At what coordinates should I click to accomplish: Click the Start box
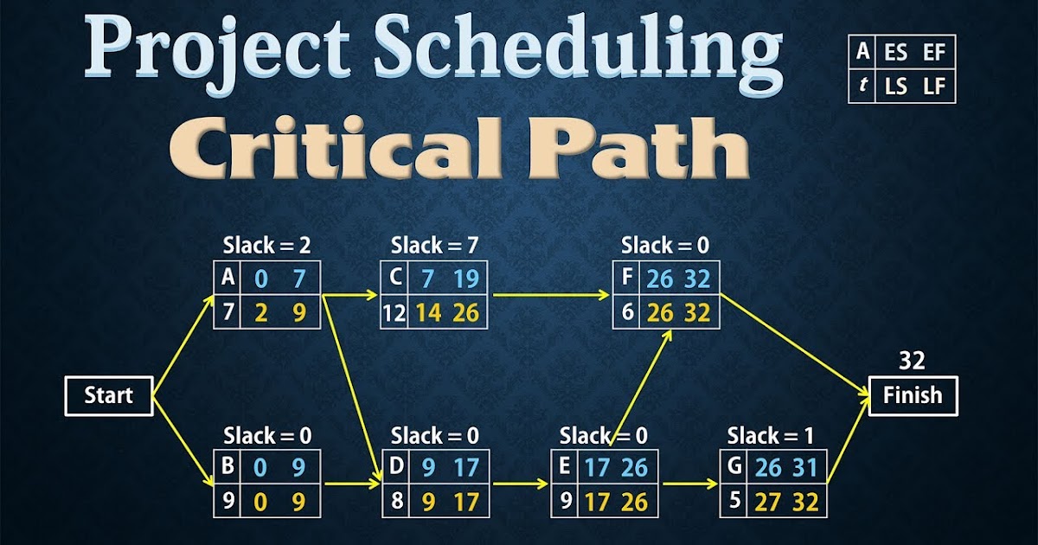tap(108, 396)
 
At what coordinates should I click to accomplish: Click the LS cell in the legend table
tap(895, 86)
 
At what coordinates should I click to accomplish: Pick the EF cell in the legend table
tap(934, 52)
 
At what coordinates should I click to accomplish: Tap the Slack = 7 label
tap(434, 246)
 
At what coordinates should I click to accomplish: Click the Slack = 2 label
tap(266, 246)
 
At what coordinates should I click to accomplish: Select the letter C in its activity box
tap(395, 278)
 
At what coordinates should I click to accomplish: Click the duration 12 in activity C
tap(394, 311)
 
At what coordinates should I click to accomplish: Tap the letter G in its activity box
tap(733, 467)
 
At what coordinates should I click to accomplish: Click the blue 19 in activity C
tap(465, 279)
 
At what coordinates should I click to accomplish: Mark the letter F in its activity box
tap(627, 278)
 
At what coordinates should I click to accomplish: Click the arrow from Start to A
tap(183, 346)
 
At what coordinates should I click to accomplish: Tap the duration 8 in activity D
tap(396, 501)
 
